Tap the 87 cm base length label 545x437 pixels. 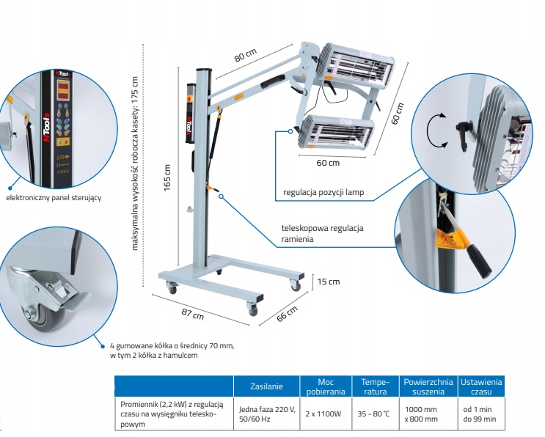click(193, 315)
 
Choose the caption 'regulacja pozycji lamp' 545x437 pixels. click(323, 194)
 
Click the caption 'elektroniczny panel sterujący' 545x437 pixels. click(53, 197)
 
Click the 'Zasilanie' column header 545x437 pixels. click(266, 386)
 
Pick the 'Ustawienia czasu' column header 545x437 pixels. click(480, 386)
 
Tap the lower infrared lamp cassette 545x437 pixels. click(334, 133)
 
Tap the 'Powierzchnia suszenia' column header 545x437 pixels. click(428, 386)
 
